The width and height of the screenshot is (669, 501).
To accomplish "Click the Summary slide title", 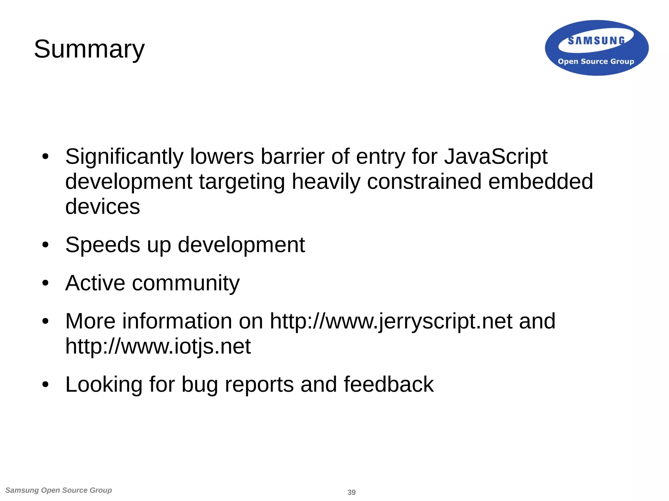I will (89, 49).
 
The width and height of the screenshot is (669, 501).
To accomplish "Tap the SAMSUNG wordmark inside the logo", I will (596, 41).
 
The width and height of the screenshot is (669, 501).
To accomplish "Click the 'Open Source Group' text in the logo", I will (596, 61).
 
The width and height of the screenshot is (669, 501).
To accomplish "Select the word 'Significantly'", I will (124, 157).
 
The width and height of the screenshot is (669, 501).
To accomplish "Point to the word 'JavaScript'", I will (496, 157).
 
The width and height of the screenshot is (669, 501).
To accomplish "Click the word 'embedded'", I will (541, 182).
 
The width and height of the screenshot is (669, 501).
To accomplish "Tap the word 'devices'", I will (103, 207).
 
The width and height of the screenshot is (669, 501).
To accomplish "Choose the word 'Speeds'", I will (102, 245).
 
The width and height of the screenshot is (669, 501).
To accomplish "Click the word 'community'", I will (186, 283).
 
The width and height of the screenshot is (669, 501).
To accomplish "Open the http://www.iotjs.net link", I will (158, 346).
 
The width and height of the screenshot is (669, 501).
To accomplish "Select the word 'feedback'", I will (388, 385).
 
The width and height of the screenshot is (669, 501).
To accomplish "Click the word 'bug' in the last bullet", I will (200, 385).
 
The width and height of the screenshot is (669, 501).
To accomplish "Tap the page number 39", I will (351, 492).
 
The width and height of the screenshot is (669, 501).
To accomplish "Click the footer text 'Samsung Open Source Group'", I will (59, 490).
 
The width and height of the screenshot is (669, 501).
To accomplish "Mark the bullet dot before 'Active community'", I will (45, 283).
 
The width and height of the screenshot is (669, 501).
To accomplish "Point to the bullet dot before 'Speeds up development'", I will (45, 245).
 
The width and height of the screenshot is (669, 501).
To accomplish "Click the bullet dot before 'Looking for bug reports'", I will (45, 385).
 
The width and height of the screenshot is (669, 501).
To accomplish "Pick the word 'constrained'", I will (424, 182).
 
